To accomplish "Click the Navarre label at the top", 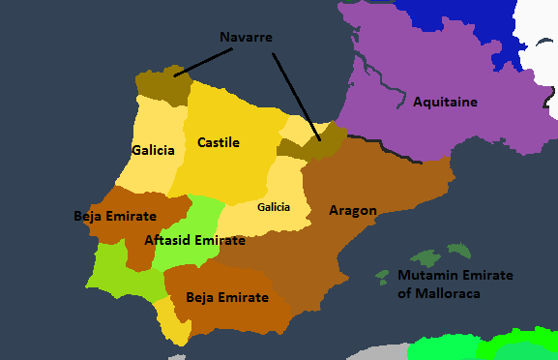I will click(x=246, y=37).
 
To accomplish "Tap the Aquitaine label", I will click(x=446, y=102).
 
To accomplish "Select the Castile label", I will click(x=218, y=142).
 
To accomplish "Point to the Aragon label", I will click(x=352, y=210).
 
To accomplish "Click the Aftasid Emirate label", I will click(x=193, y=240).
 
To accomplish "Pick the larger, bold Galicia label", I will click(x=153, y=150).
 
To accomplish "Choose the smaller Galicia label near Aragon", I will click(x=274, y=207).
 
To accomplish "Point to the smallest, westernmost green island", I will click(x=382, y=276).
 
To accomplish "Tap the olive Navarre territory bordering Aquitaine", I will click(x=323, y=139).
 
